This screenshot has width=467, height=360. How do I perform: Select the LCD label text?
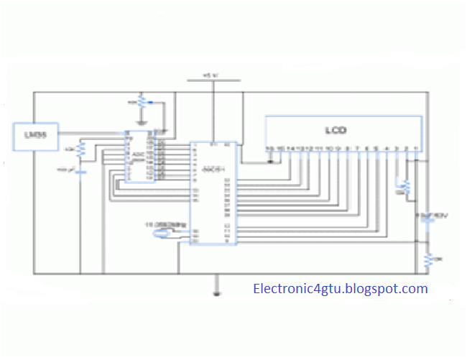[336, 131]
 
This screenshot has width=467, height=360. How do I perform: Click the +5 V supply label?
[211, 75]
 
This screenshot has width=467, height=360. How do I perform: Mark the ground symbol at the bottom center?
[216, 293]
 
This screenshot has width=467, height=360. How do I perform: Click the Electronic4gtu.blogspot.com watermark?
[341, 289]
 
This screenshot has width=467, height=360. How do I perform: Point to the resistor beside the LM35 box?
[80, 149]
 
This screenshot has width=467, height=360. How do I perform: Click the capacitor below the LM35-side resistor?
[80, 171]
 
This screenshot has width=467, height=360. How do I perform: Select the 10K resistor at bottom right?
[427, 259]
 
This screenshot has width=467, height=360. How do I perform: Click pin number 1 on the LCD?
[417, 149]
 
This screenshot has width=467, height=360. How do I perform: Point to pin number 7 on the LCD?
[358, 149]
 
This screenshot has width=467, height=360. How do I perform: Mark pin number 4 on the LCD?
[387, 149]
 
